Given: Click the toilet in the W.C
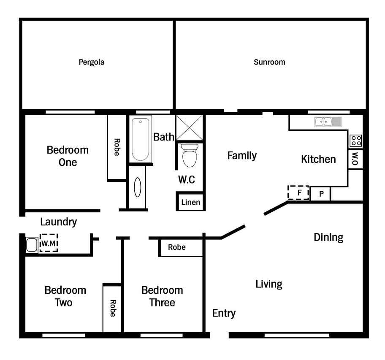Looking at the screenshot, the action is pos(190,155).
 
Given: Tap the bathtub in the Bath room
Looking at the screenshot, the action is pos(141,139).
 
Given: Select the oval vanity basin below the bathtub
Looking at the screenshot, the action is pos(138,187).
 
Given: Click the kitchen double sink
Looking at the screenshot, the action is pos(328,122).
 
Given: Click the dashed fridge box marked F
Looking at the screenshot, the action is pos(298,192).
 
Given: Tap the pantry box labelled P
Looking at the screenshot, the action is pos(321,194).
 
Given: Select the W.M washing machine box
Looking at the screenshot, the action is pos(49,243).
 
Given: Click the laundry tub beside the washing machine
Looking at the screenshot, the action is pos(32,245).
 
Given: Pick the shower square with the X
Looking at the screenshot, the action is pos(190,128).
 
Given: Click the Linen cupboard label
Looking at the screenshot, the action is pos(190,203).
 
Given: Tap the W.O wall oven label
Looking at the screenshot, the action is pos(355,159).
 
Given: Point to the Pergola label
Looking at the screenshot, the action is pos(91,62).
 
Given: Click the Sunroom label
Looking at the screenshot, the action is pos(269,62).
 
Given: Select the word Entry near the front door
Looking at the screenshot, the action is pos(224,314).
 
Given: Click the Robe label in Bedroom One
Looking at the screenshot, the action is pos(117,147).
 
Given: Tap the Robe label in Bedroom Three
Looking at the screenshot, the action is pos(177,247).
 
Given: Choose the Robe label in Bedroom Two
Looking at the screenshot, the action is pos(113,308).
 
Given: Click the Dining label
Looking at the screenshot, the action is pos(328,238).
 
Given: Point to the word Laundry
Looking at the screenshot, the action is pos(58,222).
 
